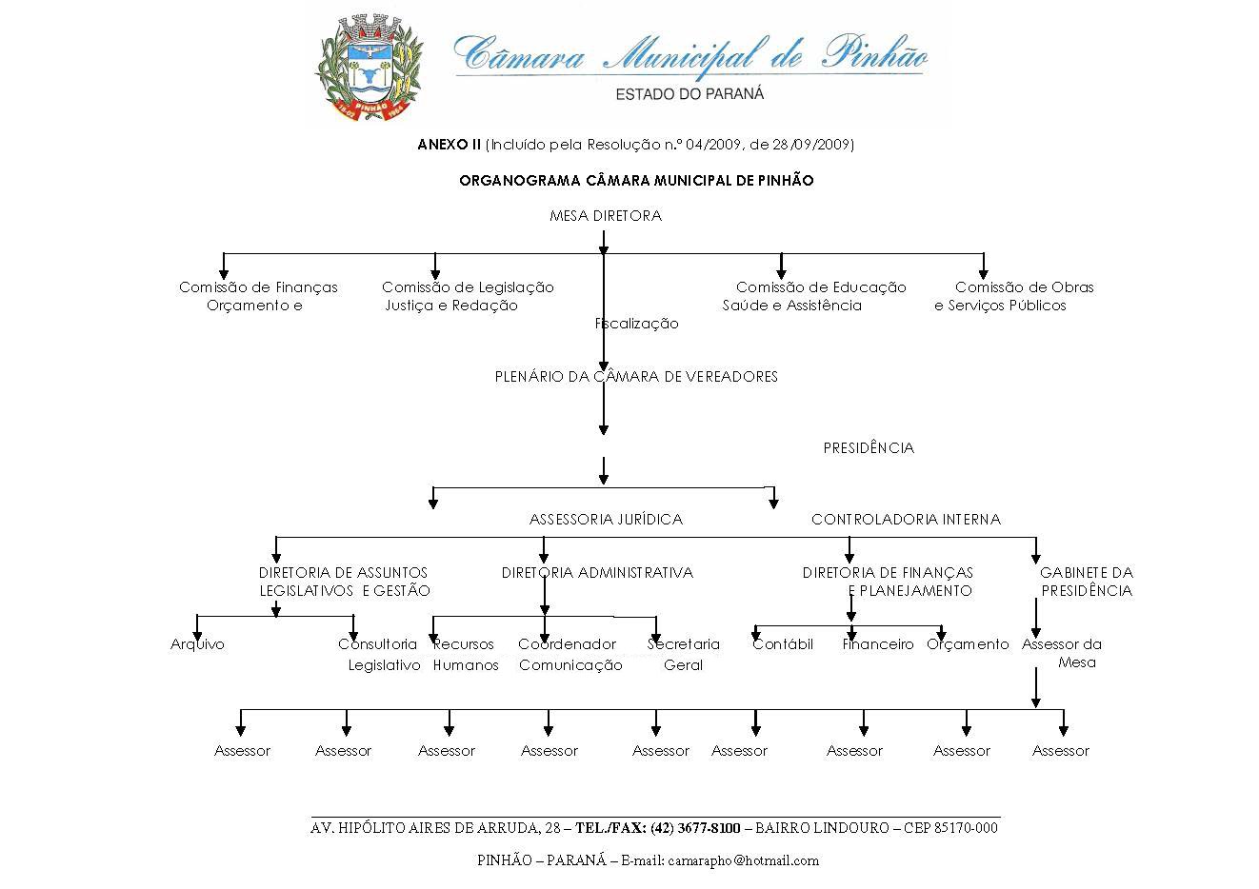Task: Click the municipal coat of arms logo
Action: pyautogui.click(x=369, y=69)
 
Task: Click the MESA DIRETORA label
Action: pyautogui.click(x=605, y=216)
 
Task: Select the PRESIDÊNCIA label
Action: pyautogui.click(x=868, y=448)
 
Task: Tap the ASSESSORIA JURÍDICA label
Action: pyautogui.click(x=606, y=520)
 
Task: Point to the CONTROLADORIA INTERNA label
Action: pyautogui.click(x=906, y=520)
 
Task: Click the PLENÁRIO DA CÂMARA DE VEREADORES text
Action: pyautogui.click(x=636, y=377)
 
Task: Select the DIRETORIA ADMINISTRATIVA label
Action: pyautogui.click(x=597, y=573)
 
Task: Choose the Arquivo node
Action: pyautogui.click(x=197, y=644)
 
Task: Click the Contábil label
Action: pyautogui.click(x=783, y=644)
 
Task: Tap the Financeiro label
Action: pyautogui.click(x=878, y=644)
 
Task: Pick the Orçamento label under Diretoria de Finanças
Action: pyautogui.click(x=968, y=644)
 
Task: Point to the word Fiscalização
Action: pyautogui.click(x=637, y=324)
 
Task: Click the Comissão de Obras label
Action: pyautogui.click(x=1024, y=287)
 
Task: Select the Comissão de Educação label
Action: pyautogui.click(x=821, y=287)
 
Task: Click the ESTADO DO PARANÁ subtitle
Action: pyautogui.click(x=689, y=94)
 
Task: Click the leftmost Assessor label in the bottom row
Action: pyautogui.click(x=242, y=751)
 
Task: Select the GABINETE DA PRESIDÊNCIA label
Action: pyautogui.click(x=1086, y=582)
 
